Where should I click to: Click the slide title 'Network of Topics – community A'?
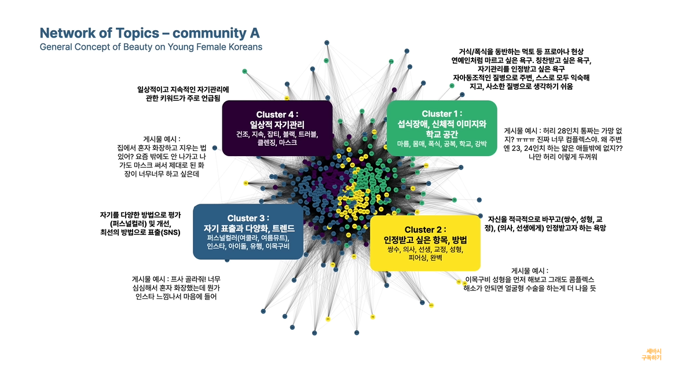point(149,32)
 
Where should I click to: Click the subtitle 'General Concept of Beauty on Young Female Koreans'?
point(151,46)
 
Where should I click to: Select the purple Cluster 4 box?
point(277,128)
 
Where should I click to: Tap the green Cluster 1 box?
point(442,128)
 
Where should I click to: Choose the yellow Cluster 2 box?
point(425,244)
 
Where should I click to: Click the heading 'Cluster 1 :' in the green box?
point(442,113)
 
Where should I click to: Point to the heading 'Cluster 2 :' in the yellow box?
point(425,230)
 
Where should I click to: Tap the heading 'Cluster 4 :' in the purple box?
point(277,114)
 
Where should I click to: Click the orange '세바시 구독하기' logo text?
point(651,354)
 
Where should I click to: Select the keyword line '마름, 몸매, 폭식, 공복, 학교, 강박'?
point(442,143)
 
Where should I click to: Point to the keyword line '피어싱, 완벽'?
point(425,259)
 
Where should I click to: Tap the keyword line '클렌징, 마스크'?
point(277,142)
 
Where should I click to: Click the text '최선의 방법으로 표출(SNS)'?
point(140,233)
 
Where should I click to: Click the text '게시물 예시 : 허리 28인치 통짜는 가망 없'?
point(563,131)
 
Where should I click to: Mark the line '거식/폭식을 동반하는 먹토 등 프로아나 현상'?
point(521,51)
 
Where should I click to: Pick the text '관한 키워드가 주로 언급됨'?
point(183,99)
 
